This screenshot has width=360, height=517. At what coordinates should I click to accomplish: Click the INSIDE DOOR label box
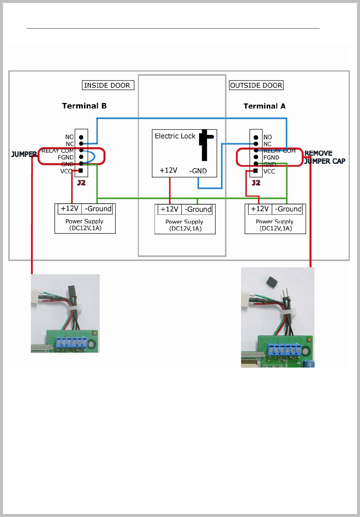pos(108,85)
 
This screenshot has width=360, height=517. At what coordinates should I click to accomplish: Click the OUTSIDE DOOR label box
pos(256,85)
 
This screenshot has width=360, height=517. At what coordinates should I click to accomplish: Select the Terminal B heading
pos(84,106)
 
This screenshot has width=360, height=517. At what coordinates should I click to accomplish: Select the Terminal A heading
pos(264,106)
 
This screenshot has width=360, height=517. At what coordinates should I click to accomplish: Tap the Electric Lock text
pos(175,136)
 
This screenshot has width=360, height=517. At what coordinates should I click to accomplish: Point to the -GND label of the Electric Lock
pos(198,171)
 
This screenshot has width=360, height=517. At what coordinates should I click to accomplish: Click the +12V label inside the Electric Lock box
pos(168,170)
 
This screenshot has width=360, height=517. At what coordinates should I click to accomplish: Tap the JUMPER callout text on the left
pos(24,154)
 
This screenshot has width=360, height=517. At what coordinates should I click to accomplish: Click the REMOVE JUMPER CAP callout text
pos(324,157)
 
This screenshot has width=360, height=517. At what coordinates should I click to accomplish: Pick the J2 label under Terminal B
pos(81,183)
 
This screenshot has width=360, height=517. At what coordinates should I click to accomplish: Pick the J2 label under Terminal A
pos(256,183)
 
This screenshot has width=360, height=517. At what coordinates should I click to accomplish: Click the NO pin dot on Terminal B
pos(81,137)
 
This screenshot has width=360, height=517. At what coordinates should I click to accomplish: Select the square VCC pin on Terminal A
pos(256,171)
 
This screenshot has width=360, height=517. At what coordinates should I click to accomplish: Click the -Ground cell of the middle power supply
pos(198,210)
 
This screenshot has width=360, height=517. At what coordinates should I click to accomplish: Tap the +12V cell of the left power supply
pos(70,209)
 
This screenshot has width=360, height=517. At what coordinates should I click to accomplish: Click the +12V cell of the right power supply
pos(260,209)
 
